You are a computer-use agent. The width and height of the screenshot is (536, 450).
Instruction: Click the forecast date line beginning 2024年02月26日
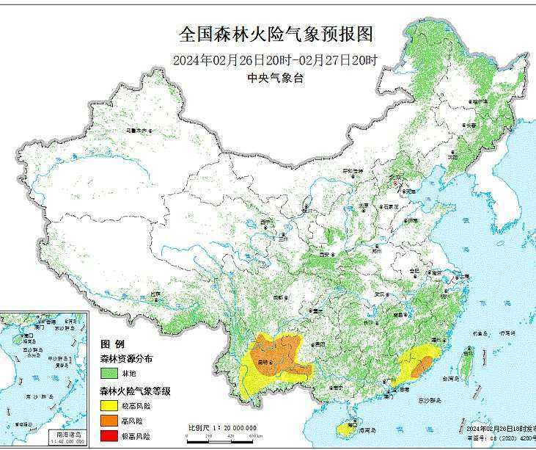[x=276, y=60]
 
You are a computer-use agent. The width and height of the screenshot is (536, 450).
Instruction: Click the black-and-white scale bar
[x=221, y=436]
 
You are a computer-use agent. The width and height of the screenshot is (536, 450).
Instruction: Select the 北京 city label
[x=396, y=178]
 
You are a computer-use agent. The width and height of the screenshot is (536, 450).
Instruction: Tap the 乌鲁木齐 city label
[x=137, y=131]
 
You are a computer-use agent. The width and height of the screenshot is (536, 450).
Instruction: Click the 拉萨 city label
[x=155, y=294]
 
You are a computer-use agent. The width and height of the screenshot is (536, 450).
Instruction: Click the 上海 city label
[x=463, y=277]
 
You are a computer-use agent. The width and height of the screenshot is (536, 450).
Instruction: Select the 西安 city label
[x=325, y=254]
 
